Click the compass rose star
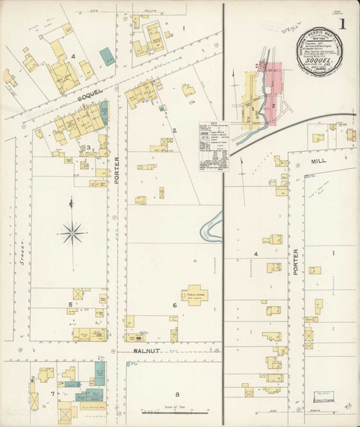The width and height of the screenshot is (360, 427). [71, 231]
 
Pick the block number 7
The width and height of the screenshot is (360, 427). [53, 394]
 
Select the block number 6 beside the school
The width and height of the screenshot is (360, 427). [174, 305]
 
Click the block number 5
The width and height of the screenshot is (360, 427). [70, 305]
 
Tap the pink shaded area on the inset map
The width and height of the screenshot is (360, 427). [271, 86]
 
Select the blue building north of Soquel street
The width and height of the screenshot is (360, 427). [106, 55]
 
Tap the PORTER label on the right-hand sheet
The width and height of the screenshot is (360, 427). [295, 265]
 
